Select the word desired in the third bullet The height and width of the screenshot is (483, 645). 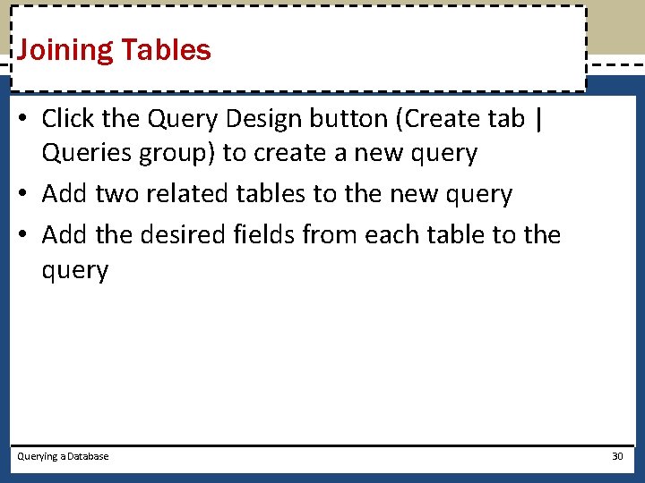tap(188, 234)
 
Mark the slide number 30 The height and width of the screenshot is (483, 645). tap(616, 456)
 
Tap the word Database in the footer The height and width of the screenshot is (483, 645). tap(87, 456)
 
